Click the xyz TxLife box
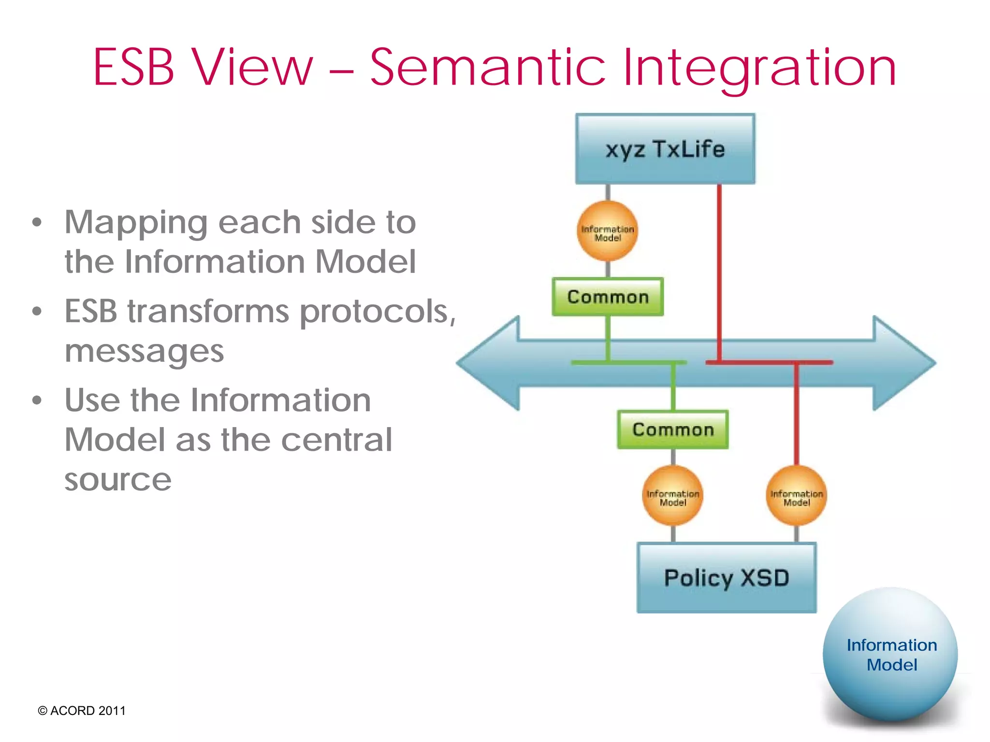click(665, 149)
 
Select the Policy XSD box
click(726, 578)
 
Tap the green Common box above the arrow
click(608, 297)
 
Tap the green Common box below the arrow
click(672, 429)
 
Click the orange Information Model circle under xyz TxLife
click(608, 231)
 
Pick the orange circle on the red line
click(796, 496)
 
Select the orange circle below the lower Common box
click(672, 496)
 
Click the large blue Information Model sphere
click(890, 655)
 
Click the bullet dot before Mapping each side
click(37, 223)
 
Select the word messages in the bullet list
click(144, 352)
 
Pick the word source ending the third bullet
click(118, 480)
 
